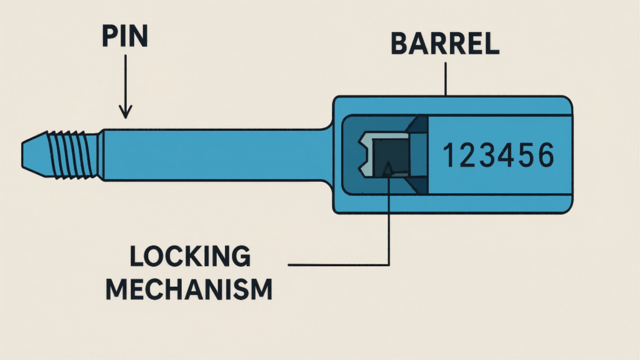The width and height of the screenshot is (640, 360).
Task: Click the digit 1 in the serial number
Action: click(447, 155)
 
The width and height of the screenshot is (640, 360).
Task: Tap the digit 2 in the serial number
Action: click(464, 155)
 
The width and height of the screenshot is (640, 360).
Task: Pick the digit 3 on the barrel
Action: click(484, 155)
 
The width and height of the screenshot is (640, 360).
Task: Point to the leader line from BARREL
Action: click(445, 78)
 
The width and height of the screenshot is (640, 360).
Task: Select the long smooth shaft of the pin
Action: click(212, 154)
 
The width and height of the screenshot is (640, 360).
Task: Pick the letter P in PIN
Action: click(109, 37)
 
